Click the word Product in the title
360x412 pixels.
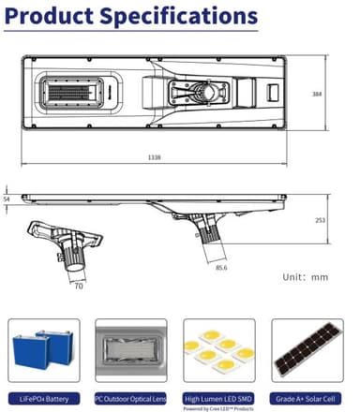(x=53, y=17)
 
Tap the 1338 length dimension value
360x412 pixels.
(x=154, y=157)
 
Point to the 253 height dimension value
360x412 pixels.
(x=320, y=220)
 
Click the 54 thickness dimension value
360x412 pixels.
(x=7, y=199)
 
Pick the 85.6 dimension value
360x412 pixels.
(x=221, y=269)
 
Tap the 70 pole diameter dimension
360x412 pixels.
(x=79, y=286)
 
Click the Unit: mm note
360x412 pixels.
(x=306, y=277)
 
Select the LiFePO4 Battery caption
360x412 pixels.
(x=44, y=398)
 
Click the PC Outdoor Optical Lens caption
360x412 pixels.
(x=130, y=398)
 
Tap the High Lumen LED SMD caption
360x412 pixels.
(x=218, y=398)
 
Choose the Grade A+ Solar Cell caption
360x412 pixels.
(x=307, y=398)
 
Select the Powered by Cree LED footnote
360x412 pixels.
(x=218, y=407)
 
